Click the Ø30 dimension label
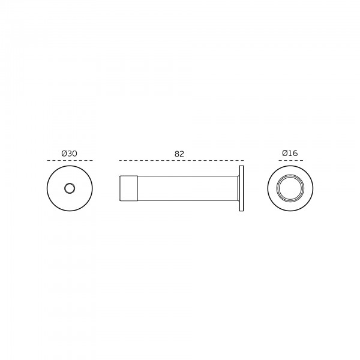coord(70,154)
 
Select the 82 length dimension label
coord(179,154)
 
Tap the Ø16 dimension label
coord(290,153)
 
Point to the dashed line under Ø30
coord(70,160)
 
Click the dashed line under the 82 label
coord(181,160)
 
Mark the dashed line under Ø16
coord(290,160)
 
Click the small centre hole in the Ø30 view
coord(70,188)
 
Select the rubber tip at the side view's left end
coord(128,188)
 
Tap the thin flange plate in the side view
coord(241,188)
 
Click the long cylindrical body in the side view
coord(187,188)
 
